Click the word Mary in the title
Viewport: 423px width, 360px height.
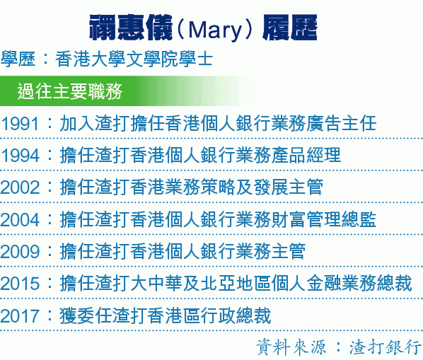pyautogui.click(x=215, y=30)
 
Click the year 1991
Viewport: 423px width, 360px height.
pyautogui.click(x=20, y=124)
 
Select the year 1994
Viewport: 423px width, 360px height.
pyautogui.click(x=20, y=156)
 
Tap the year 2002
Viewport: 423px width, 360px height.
pyautogui.click(x=20, y=187)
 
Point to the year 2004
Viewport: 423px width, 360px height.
pyautogui.click(x=20, y=219)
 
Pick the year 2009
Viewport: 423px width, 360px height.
pyautogui.click(x=20, y=252)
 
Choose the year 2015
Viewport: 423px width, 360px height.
pyautogui.click(x=20, y=284)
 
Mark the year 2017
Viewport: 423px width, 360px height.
pyautogui.click(x=20, y=316)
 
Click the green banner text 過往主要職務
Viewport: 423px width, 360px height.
pyautogui.click(x=70, y=91)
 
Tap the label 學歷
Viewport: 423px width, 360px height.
pyautogui.click(x=18, y=59)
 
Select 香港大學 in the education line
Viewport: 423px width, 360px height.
pyautogui.click(x=91, y=59)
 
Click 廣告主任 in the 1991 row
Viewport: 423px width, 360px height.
pyautogui.click(x=341, y=123)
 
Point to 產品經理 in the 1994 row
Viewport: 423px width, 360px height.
pyautogui.click(x=306, y=155)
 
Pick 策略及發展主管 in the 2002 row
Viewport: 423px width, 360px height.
pyautogui.click(x=262, y=187)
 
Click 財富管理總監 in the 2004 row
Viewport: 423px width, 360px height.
pyautogui.click(x=323, y=219)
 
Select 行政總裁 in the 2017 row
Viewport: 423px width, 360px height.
pyautogui.click(x=236, y=315)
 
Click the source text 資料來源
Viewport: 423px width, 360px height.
pyautogui.click(x=291, y=347)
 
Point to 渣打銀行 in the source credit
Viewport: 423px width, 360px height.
pyautogui.click(x=386, y=347)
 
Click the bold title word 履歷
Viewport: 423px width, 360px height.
pyautogui.click(x=290, y=28)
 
